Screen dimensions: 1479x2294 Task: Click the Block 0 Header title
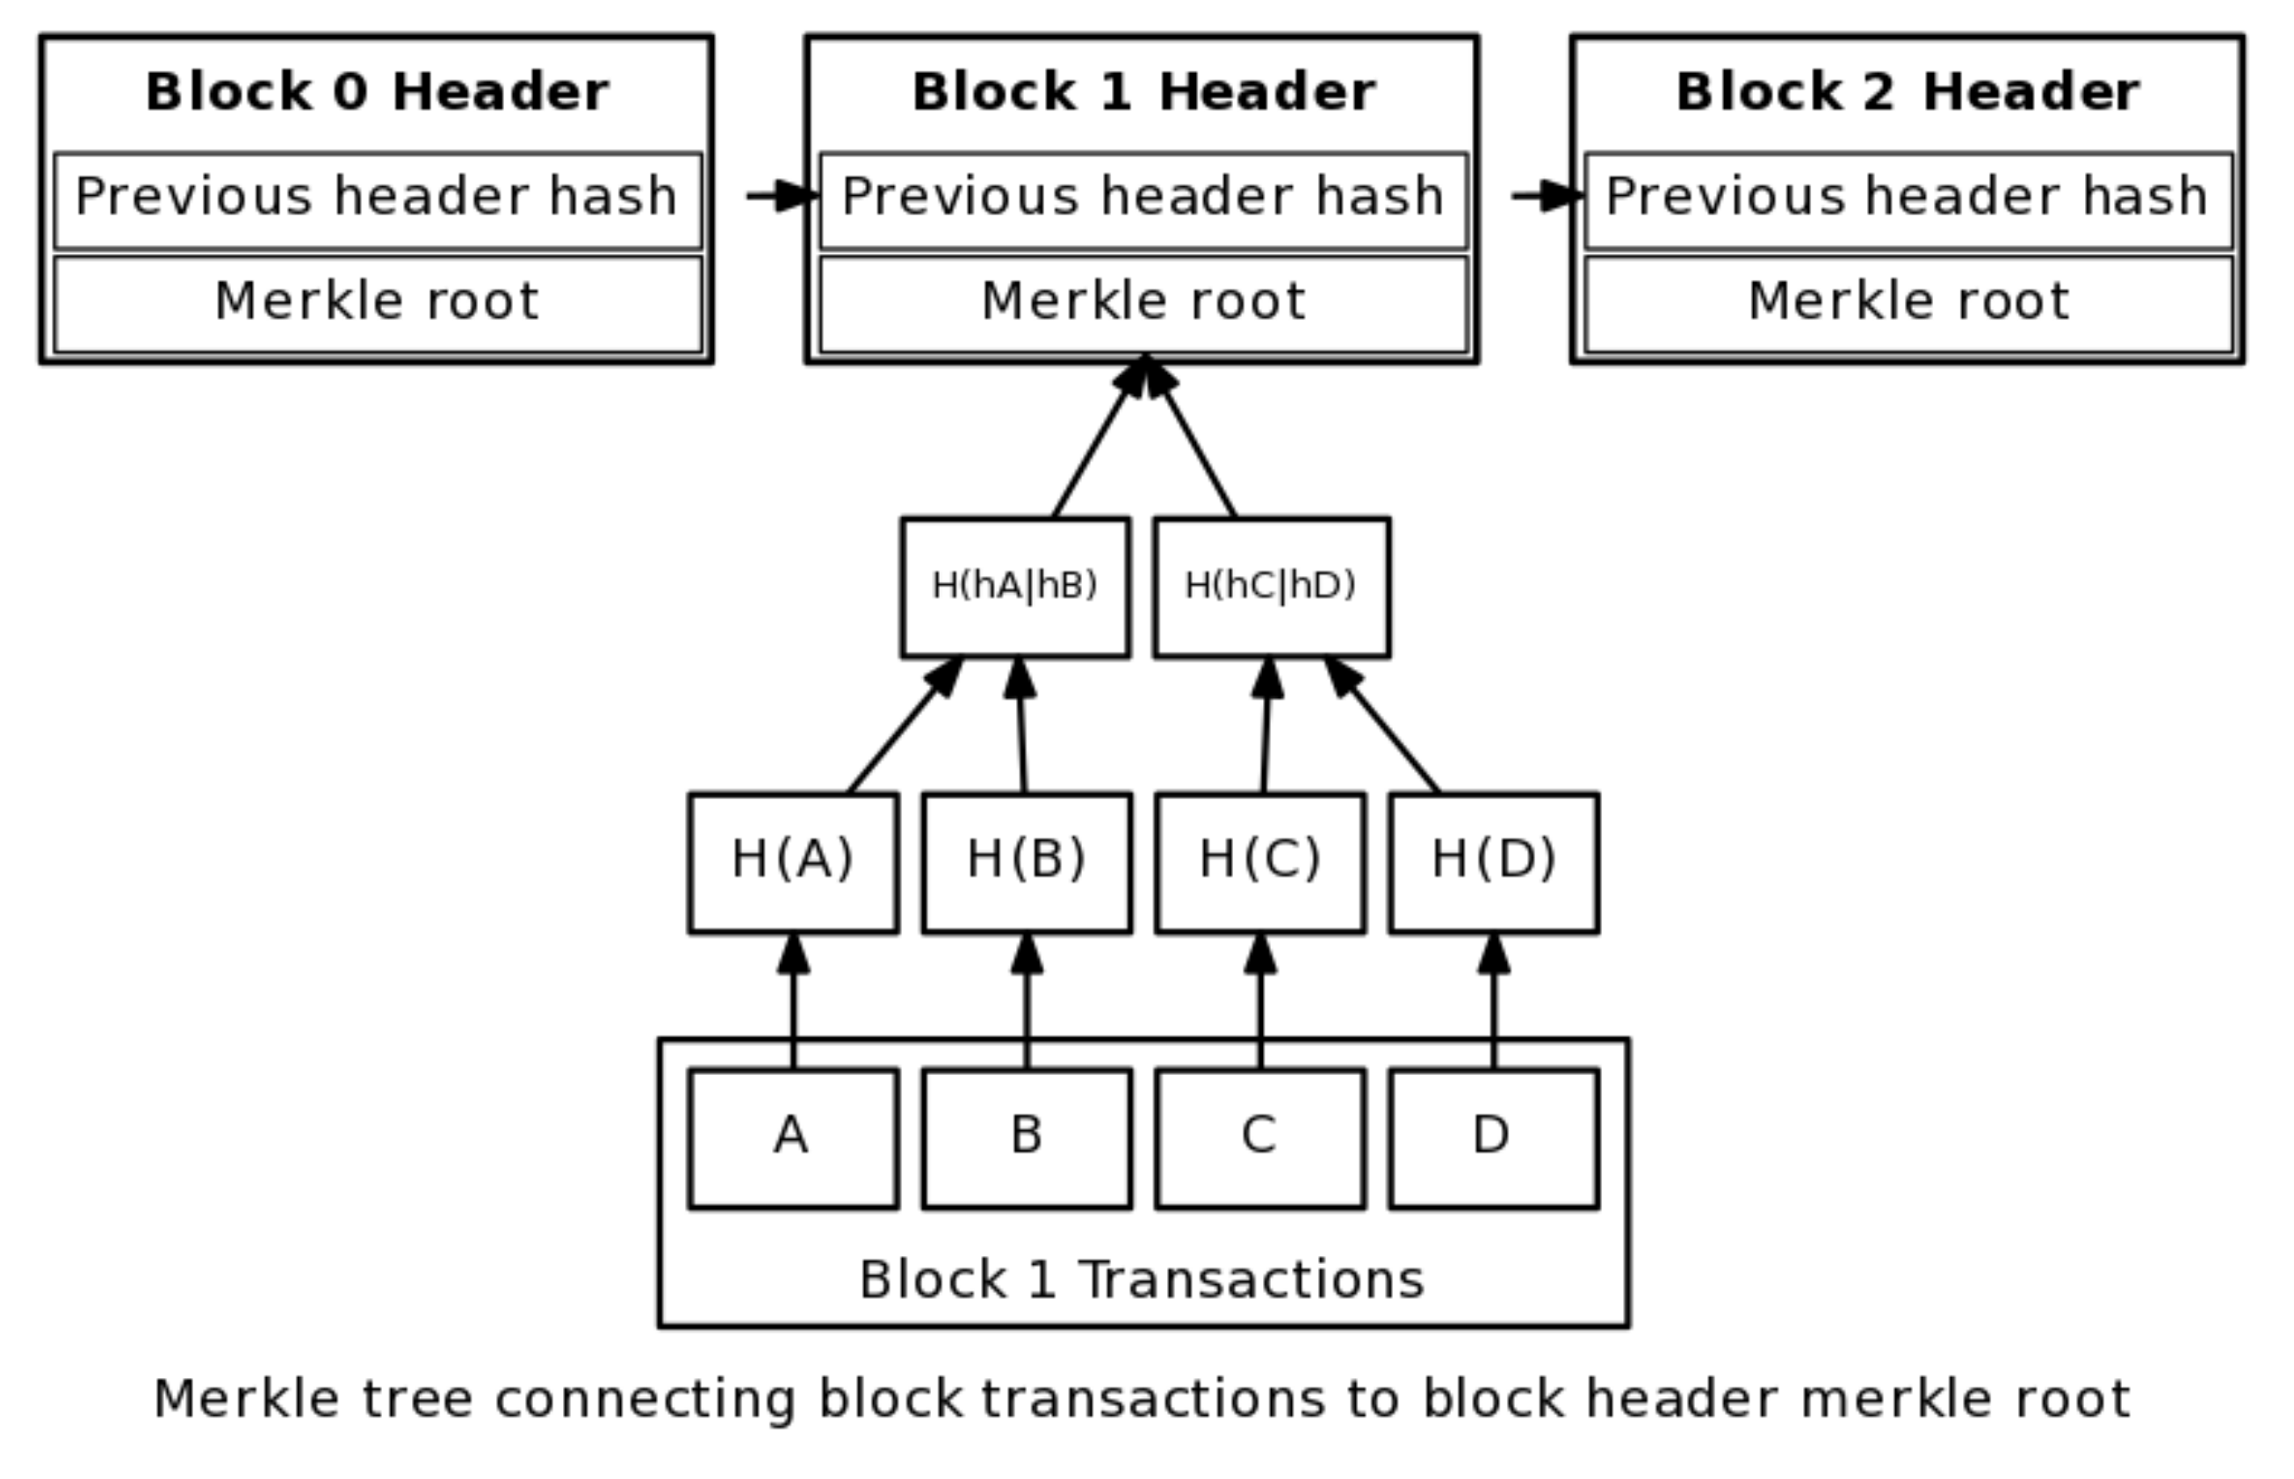point(377,92)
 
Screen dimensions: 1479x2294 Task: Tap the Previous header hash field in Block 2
point(1907,198)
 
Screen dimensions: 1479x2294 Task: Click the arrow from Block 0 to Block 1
point(780,196)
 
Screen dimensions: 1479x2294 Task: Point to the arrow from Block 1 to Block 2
point(1545,196)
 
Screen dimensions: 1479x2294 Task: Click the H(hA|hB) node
point(1015,587)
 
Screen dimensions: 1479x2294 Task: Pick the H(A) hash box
point(793,862)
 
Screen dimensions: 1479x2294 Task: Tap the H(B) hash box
point(1027,862)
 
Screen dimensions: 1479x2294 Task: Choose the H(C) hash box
point(1259,862)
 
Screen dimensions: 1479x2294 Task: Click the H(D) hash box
point(1493,862)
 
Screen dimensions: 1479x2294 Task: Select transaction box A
point(793,1137)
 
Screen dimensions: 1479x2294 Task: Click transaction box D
point(1493,1137)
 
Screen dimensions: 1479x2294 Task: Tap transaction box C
point(1259,1137)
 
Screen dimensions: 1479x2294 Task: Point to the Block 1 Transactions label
point(1142,1281)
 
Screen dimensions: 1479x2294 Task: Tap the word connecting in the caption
point(645,1399)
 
